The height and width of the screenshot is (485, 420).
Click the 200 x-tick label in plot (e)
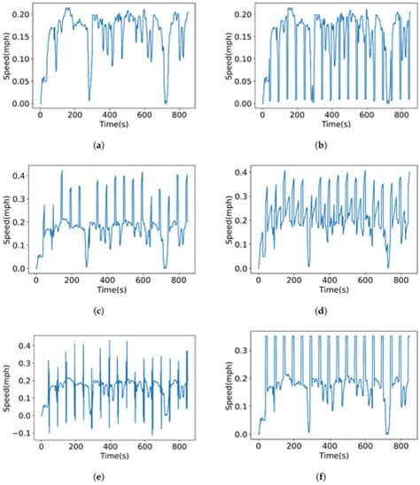[x=74, y=447]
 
